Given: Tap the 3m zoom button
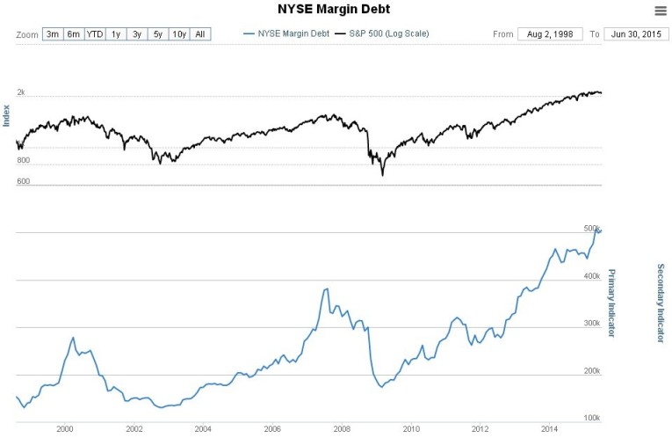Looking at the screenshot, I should coord(53,34).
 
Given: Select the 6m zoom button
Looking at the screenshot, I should coord(74,34).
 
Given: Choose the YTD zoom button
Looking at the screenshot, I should coord(95,34).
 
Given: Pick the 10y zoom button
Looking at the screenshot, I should coord(178,34).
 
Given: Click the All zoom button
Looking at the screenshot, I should coord(200,34).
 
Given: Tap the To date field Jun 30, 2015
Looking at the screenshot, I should coord(636,34).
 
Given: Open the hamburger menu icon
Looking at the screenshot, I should coord(661,11).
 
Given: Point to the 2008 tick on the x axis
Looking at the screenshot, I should coord(341,428).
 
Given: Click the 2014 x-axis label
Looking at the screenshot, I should coord(549,428).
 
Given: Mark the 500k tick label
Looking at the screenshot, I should coord(592,229).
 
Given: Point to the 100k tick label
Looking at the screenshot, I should coord(592,418).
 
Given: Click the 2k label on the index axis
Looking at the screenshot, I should coord(21,92).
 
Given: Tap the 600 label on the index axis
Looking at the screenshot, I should coord(23,182).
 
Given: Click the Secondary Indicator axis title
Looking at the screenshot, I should coord(660,303).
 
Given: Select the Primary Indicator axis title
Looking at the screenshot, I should coord(611,303).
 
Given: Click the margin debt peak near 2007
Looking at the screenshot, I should coord(327,288).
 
